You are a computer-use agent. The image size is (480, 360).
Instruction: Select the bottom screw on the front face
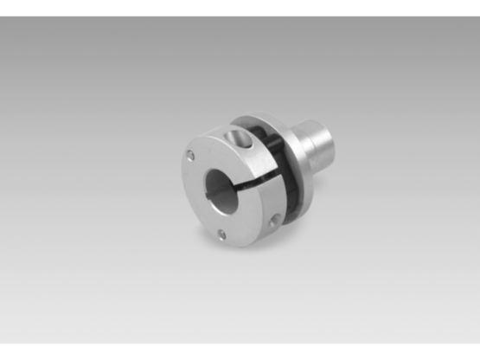coord(221,233)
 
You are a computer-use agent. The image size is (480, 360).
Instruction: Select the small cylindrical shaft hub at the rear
coord(313,147)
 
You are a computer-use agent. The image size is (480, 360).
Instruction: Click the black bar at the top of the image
coord(240,7)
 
